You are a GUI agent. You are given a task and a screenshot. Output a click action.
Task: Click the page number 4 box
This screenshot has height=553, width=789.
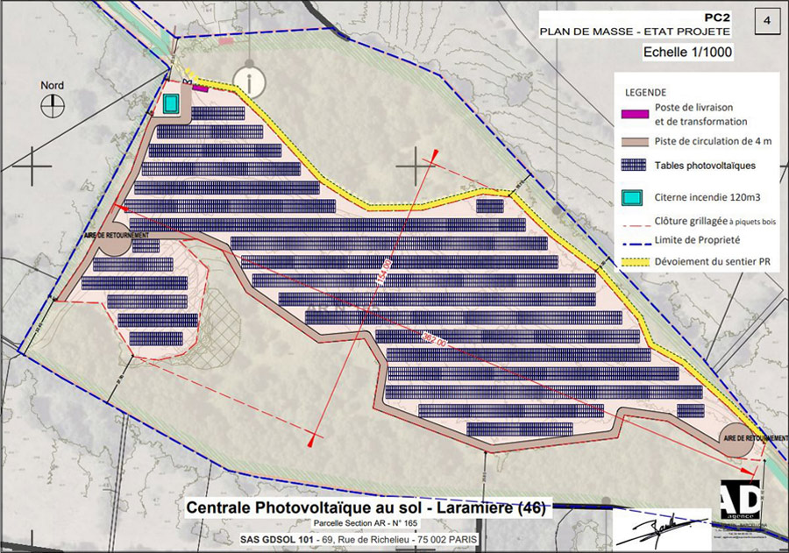click(x=768, y=19)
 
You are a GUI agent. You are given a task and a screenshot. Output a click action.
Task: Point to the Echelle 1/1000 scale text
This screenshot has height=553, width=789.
click(x=688, y=52)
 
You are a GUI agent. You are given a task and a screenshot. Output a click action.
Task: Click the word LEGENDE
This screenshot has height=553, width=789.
click(x=646, y=93)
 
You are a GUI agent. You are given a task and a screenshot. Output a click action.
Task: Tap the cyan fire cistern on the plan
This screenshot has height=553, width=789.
click(x=170, y=103)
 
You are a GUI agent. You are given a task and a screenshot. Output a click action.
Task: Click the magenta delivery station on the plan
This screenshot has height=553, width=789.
click(x=200, y=88)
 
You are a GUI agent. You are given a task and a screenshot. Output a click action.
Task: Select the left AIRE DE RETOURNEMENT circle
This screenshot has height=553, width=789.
click(x=114, y=238)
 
